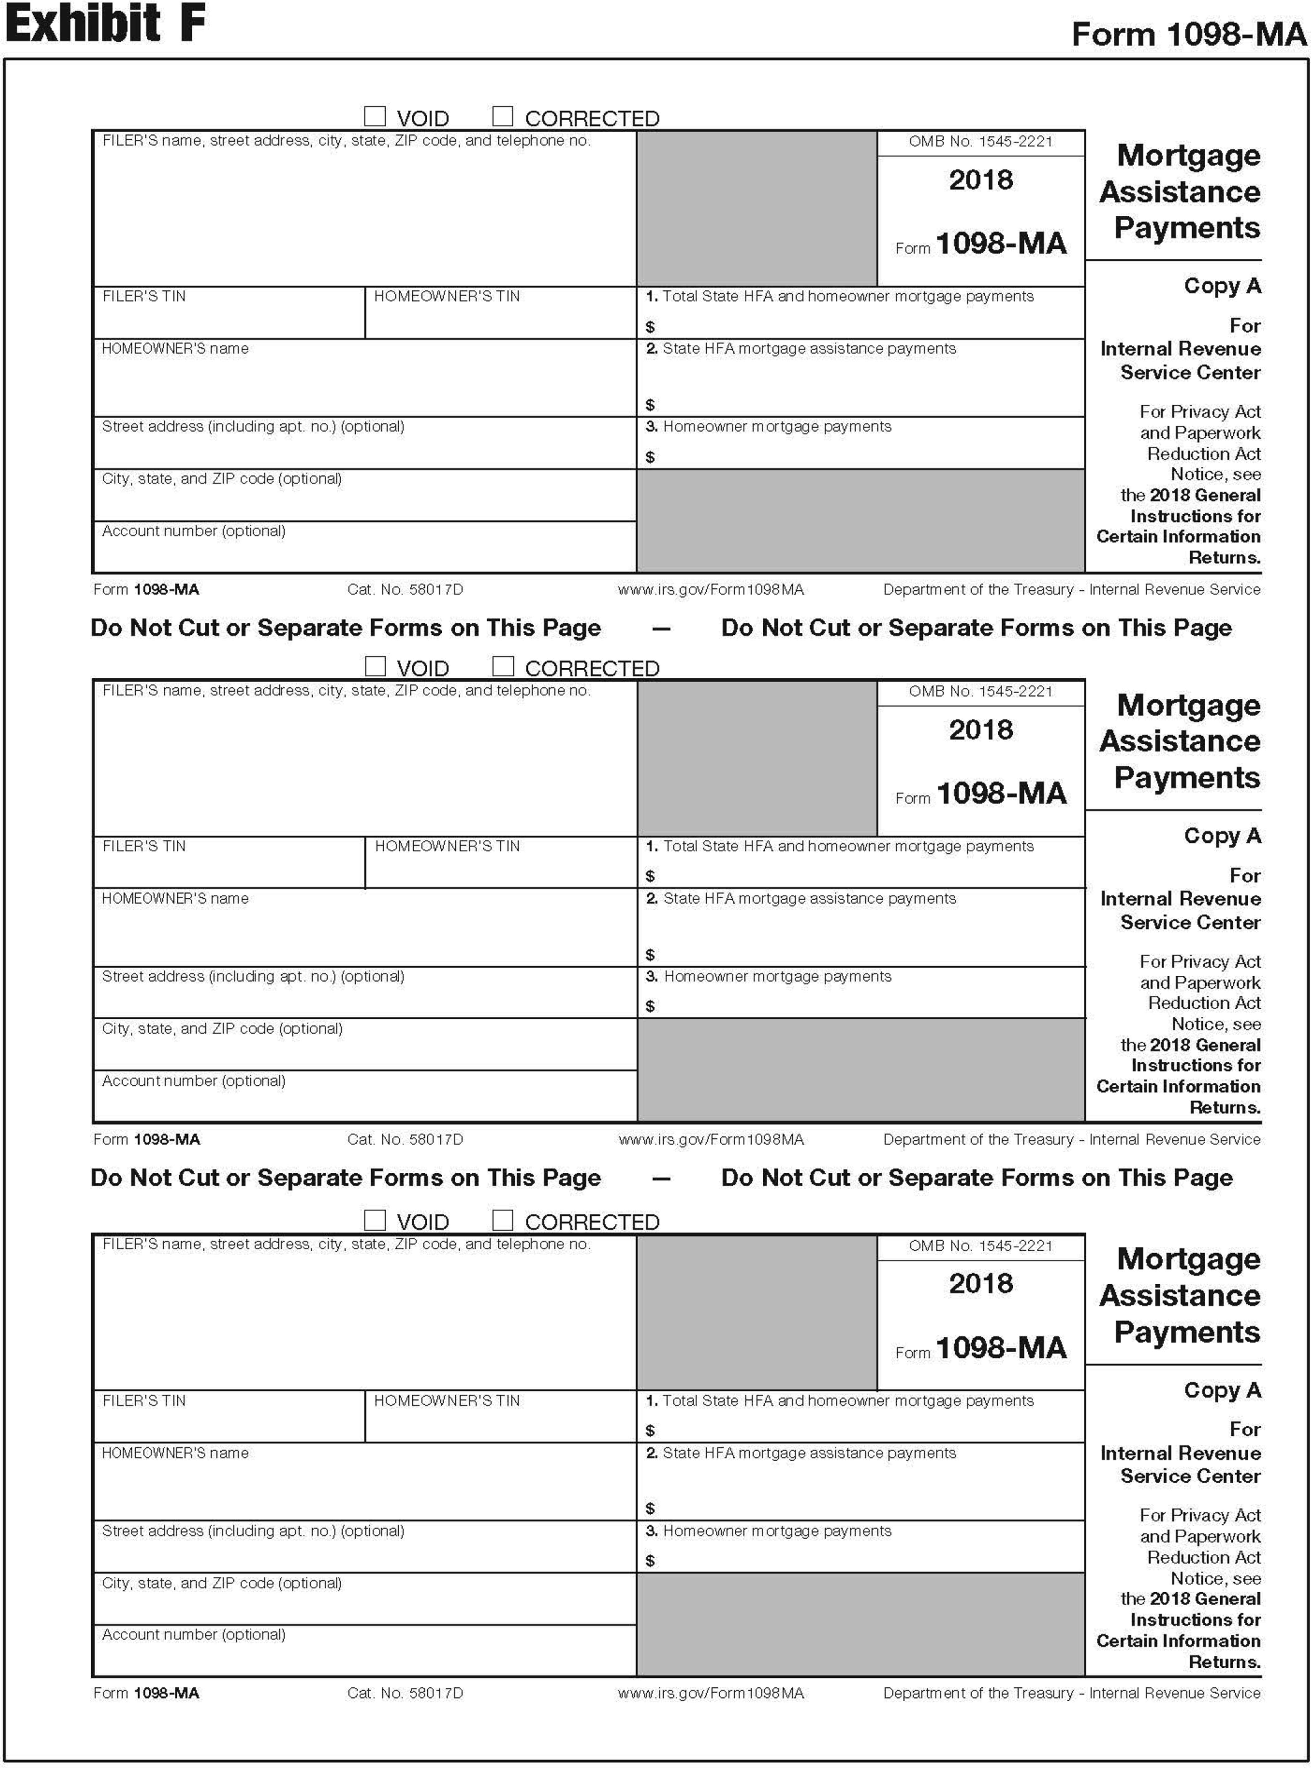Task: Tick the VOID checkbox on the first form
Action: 375,117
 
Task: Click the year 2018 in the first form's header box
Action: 981,180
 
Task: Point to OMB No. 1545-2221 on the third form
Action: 981,1246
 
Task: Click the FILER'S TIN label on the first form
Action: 144,296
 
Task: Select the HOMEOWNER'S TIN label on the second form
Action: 447,846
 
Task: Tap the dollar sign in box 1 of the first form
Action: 650,327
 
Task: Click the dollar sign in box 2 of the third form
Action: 650,1508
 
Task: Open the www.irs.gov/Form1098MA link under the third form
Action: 710,1693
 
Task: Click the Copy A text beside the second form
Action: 1222,836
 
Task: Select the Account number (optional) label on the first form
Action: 194,531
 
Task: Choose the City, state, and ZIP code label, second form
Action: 222,1029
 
